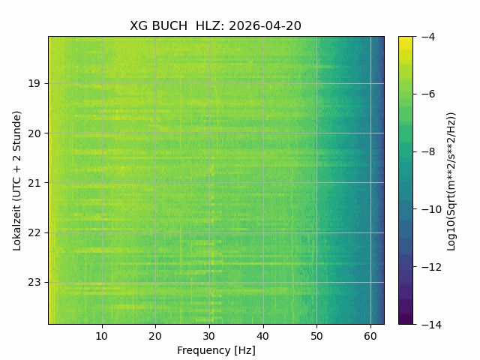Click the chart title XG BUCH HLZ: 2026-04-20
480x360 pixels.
pos(215,25)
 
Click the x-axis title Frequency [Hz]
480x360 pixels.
pos(216,350)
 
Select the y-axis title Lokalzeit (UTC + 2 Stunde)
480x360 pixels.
pos(17,181)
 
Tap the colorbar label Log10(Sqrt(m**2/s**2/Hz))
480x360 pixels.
pos(451,181)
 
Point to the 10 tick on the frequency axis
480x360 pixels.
pos(102,336)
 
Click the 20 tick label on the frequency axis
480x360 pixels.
pos(155,336)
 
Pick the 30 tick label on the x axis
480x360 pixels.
pos(209,336)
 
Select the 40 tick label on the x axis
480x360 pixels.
pos(263,336)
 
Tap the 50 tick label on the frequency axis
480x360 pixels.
pos(316,336)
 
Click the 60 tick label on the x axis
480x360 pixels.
pos(370,336)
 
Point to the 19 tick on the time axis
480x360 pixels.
pos(34,83)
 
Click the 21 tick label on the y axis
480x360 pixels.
pos(34,183)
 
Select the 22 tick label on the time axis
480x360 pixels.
pos(34,233)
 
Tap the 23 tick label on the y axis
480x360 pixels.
pos(34,283)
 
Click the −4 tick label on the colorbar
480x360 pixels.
pos(428,37)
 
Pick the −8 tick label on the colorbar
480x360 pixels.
pos(428,151)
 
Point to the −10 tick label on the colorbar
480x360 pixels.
pos(431,209)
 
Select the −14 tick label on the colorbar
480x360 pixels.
pos(431,325)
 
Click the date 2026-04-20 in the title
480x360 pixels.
pos(265,25)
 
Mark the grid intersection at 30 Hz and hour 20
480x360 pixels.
pos(209,133)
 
